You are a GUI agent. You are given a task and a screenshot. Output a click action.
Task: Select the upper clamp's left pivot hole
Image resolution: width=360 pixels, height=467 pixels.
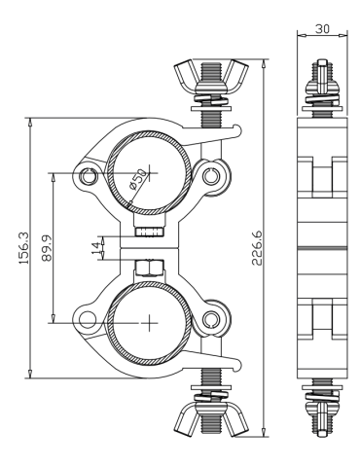tap(90, 176)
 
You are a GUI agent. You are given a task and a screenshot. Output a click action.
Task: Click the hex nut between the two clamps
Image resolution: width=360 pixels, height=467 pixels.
tap(149, 266)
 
